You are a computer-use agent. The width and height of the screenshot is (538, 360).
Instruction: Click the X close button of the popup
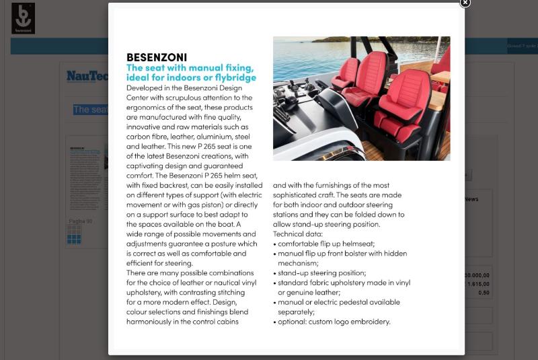pyautogui.click(x=465, y=3)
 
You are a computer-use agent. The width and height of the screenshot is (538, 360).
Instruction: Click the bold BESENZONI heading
pyautogui.click(x=157, y=57)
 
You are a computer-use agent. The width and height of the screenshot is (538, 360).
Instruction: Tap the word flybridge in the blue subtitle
pyautogui.click(x=233, y=77)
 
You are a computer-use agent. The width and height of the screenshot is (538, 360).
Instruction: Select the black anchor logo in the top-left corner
pyautogui.click(x=23, y=18)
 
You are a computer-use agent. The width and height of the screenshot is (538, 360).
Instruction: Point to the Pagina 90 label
pyautogui.click(x=80, y=221)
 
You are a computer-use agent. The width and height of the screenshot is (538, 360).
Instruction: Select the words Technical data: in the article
pyautogui.click(x=298, y=233)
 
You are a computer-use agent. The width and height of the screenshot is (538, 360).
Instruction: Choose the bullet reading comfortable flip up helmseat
pyautogui.click(x=326, y=244)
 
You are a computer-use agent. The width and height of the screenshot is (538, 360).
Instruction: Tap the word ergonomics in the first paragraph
pyautogui.click(x=148, y=107)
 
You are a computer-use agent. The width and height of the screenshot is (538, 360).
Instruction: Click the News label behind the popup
pyautogui.click(x=471, y=199)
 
